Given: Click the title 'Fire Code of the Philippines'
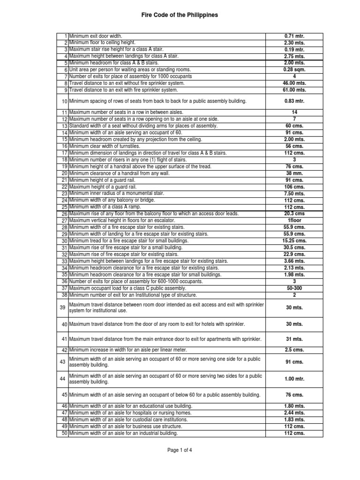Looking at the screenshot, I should pyautogui.click(x=180, y=15).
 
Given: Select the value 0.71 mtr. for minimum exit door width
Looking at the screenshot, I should pyautogui.click(x=294, y=36).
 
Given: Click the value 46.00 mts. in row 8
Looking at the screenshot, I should pyautogui.click(x=294, y=83).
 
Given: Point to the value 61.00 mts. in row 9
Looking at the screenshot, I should pyautogui.click(x=294, y=90).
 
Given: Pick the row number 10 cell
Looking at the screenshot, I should pyautogui.click(x=63, y=101).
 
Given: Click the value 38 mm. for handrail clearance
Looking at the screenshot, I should pyautogui.click(x=294, y=173).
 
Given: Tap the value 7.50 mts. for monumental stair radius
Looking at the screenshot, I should pyautogui.click(x=294, y=194).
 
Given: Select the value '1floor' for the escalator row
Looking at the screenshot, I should pyautogui.click(x=294, y=220).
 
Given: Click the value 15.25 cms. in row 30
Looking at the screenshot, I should pyautogui.click(x=294, y=241).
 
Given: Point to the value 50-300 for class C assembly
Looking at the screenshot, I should pyautogui.click(x=294, y=288).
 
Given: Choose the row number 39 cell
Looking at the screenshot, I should pyautogui.click(x=63, y=307).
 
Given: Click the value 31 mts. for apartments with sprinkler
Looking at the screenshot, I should pyautogui.click(x=294, y=339).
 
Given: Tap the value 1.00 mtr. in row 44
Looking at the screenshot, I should pyautogui.click(x=294, y=379).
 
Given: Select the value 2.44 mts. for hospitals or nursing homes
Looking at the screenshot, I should pyautogui.click(x=294, y=413).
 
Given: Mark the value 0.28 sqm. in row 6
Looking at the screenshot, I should pyautogui.click(x=294, y=69).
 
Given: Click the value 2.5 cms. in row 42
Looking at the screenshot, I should pyautogui.click(x=294, y=350).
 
